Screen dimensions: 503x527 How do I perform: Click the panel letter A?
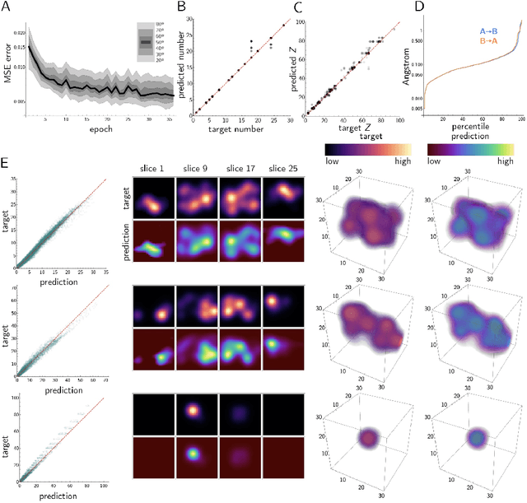pyautogui.click(x=7, y=7)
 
